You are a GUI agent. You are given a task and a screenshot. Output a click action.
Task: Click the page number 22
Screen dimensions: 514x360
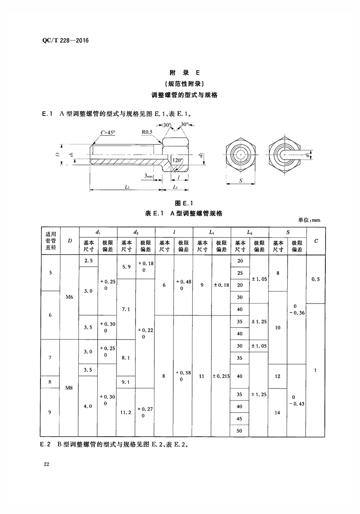point(46,464)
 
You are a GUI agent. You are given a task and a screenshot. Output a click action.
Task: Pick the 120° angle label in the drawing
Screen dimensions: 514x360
point(176,160)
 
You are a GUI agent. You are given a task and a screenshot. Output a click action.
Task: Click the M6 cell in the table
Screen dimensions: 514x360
point(69,297)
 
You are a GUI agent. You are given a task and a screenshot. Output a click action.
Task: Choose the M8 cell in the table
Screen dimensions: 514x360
point(69,388)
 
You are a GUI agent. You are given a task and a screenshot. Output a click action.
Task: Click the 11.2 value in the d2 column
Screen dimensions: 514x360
point(126,412)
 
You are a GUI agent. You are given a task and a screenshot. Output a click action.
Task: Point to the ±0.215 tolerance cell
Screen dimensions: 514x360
point(221,375)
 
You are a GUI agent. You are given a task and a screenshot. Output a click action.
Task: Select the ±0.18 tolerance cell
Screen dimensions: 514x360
point(221,285)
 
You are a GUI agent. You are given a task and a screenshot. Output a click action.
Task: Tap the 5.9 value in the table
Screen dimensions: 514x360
point(126,267)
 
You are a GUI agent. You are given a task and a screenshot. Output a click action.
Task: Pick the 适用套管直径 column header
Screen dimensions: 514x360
point(51,241)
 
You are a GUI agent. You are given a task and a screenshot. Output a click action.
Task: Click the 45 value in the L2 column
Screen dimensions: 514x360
point(239,418)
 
